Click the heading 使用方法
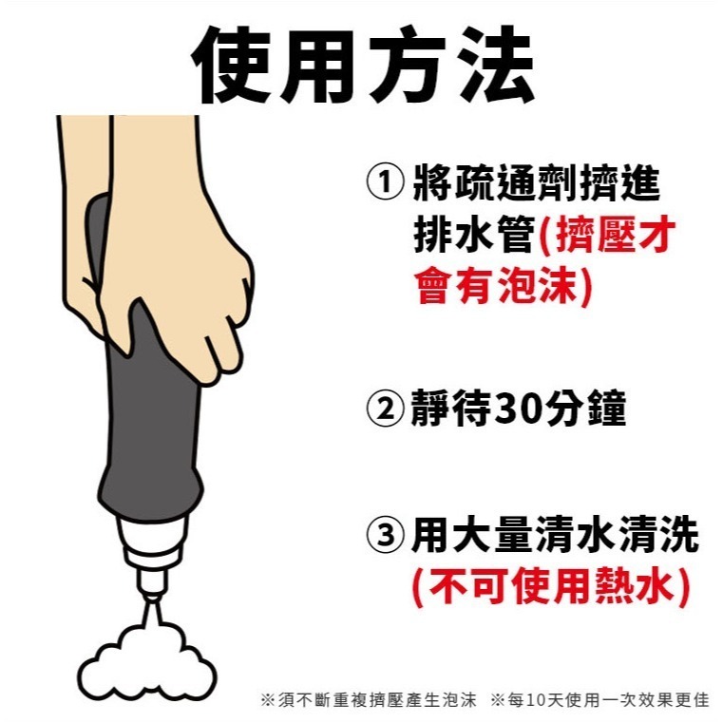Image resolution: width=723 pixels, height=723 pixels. tap(362, 64)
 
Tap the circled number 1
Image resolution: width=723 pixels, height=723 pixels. tap(385, 184)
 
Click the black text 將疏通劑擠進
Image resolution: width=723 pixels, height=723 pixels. tap(536, 184)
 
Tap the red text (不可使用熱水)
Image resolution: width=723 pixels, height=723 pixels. tap(549, 587)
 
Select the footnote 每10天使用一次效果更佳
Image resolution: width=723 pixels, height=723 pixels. tap(599, 700)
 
